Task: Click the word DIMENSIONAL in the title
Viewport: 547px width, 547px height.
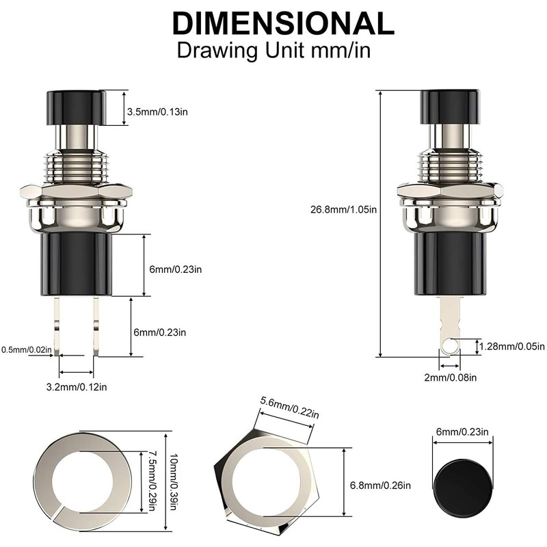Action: [283, 23]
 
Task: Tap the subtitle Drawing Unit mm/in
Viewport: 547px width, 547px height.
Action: [273, 51]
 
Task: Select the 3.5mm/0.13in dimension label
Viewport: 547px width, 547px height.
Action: [162, 111]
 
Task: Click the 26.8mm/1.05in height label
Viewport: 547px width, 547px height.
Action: [343, 210]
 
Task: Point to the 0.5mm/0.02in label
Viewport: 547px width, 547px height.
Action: [27, 349]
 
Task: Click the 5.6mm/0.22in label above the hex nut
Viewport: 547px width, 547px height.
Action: [289, 407]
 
